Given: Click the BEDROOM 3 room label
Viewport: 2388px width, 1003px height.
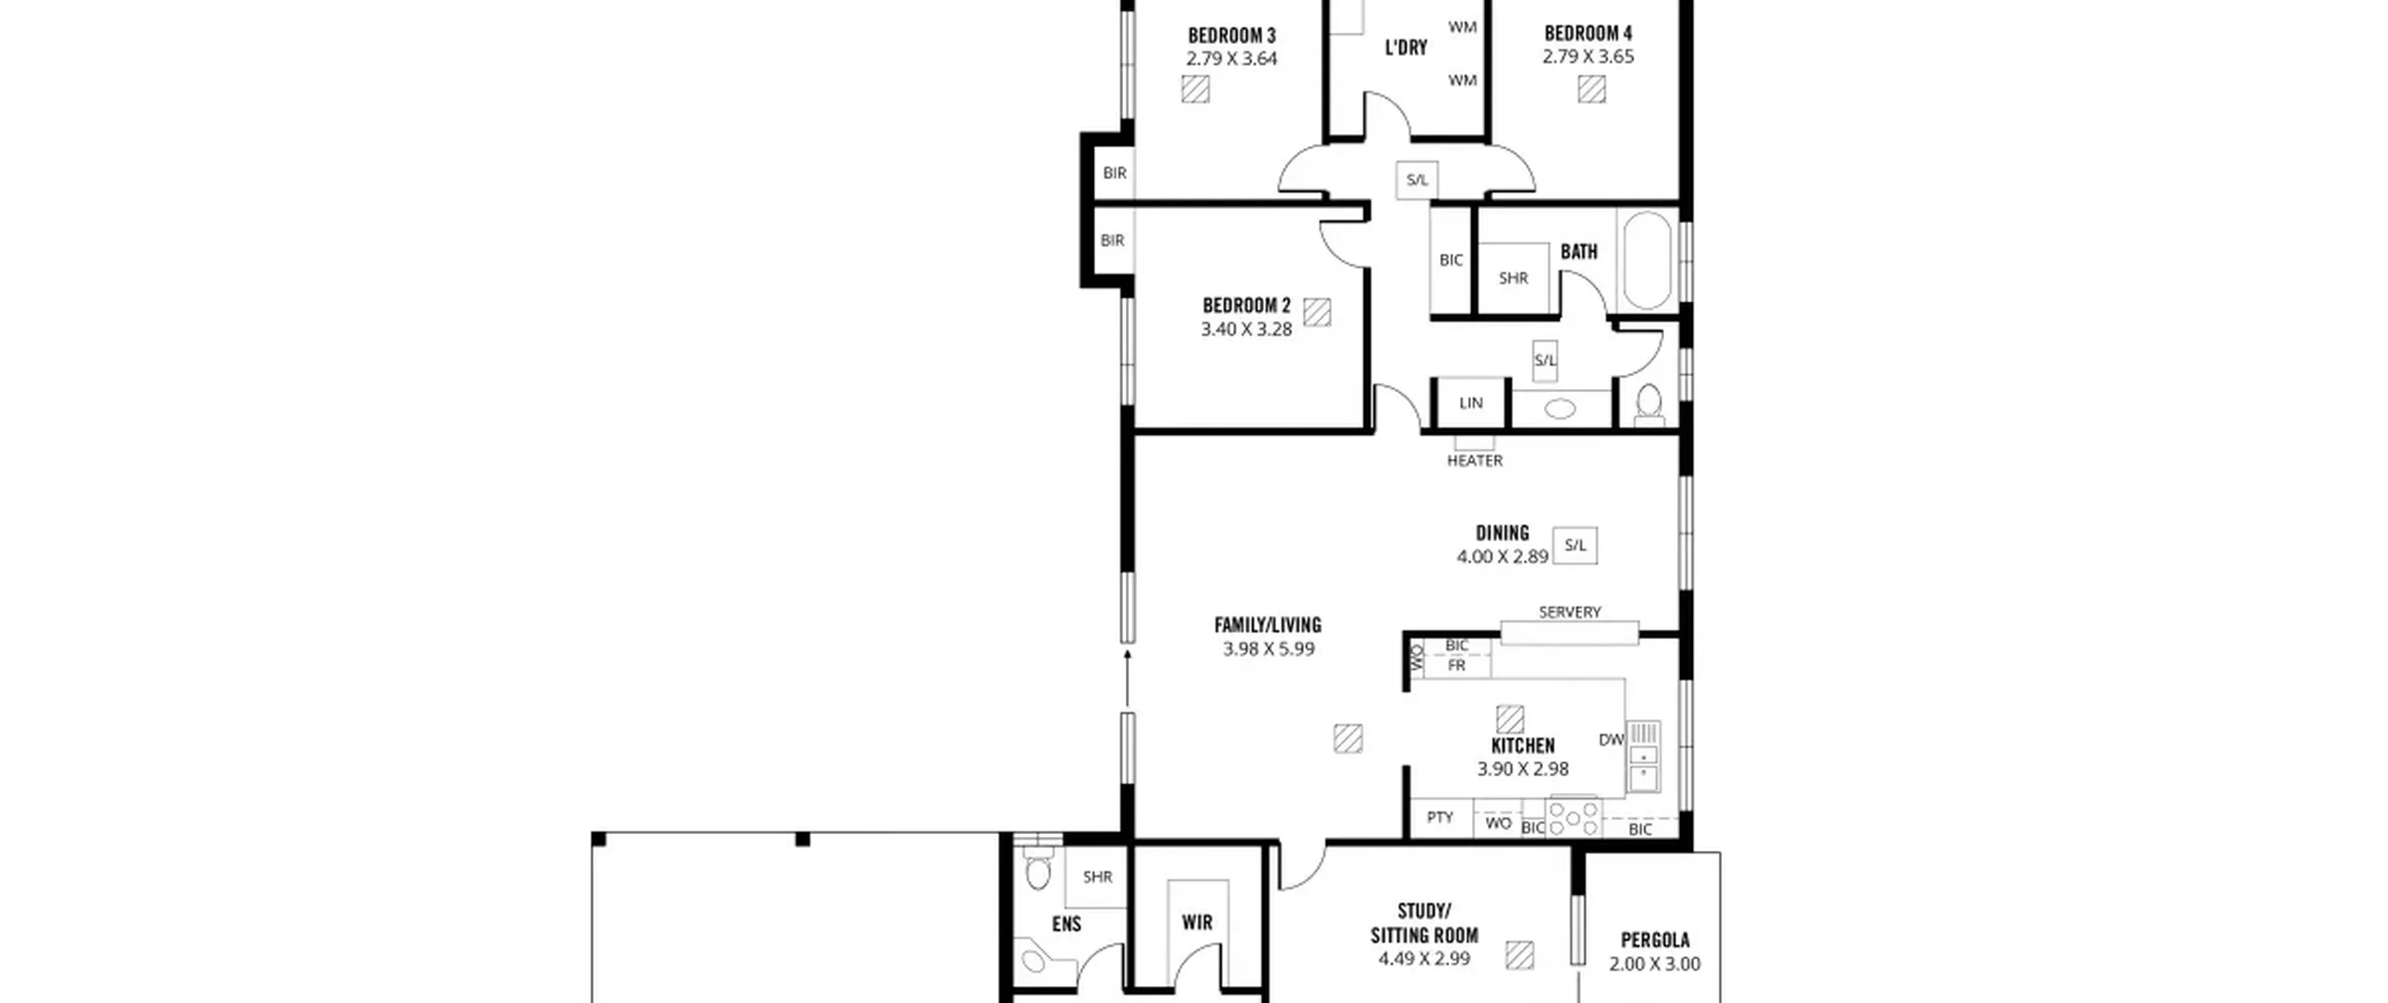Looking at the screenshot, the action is (1231, 36).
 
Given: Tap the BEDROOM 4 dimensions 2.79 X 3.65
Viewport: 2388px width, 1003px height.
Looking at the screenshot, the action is (1588, 57).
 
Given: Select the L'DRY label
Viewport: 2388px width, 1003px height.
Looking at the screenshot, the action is (1406, 48).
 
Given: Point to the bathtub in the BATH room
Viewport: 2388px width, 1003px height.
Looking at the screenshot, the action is (1648, 260).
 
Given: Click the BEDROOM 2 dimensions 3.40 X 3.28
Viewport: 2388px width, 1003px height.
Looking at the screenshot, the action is (1246, 329).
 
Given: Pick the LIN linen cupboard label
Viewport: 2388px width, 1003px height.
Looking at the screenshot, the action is (1471, 403).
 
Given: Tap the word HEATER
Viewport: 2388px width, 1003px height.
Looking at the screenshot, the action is (1475, 461).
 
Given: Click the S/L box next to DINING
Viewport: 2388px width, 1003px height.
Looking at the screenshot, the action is (1575, 546).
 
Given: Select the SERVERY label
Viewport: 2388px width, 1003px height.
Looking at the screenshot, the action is (1570, 612).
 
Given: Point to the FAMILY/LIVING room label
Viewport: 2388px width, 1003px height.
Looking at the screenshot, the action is (1268, 625).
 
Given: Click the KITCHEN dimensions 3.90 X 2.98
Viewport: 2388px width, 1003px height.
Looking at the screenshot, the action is (1522, 770).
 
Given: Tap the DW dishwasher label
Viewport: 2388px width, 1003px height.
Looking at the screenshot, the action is (1611, 740).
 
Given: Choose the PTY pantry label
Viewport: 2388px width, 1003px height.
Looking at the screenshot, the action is (1440, 817).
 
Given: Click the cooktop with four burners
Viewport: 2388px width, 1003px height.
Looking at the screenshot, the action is (1574, 818).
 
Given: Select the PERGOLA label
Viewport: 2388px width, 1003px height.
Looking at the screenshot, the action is (1655, 940).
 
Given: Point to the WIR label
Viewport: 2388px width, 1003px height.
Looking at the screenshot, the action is (1197, 923).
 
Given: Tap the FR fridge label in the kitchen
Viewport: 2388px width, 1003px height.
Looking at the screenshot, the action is (1456, 666).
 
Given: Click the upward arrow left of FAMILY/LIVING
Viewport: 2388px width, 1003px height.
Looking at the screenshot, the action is (1127, 678).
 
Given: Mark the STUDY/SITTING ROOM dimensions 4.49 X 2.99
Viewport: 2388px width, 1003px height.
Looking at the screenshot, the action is (1424, 959).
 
